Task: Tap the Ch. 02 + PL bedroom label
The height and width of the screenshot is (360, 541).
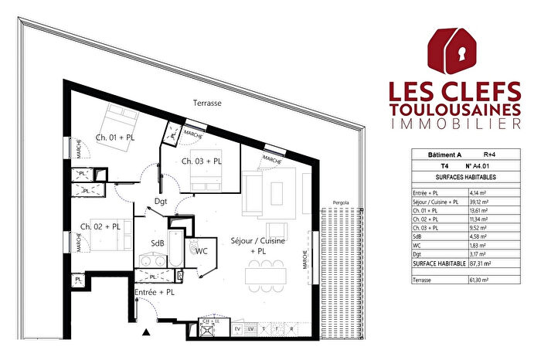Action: click(x=100, y=226)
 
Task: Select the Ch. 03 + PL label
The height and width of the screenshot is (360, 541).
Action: click(x=202, y=161)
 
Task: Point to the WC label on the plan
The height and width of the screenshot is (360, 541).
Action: click(x=201, y=251)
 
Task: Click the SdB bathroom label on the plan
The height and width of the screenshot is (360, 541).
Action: click(x=157, y=243)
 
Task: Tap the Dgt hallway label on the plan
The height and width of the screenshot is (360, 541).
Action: click(x=161, y=201)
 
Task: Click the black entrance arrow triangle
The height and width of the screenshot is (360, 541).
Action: click(x=145, y=333)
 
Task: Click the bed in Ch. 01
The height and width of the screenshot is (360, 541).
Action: click(x=121, y=121)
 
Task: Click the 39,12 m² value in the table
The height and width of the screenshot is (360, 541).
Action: click(x=481, y=202)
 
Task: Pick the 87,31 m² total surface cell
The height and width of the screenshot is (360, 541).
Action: click(x=482, y=263)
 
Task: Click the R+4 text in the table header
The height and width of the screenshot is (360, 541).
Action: click(x=489, y=155)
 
